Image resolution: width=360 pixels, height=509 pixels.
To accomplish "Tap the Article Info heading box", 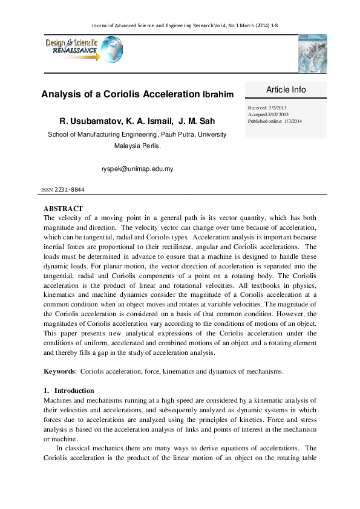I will click(x=286, y=89).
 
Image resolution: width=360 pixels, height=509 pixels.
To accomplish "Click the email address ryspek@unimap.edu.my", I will click(x=137, y=169).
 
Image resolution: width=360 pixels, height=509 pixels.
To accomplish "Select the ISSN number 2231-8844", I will click(x=70, y=190).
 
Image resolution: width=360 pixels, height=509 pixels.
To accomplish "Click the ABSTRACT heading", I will click(x=64, y=209).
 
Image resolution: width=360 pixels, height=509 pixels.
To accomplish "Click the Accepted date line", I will click(x=269, y=114).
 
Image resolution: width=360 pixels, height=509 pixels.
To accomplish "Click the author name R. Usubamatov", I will click(x=90, y=121).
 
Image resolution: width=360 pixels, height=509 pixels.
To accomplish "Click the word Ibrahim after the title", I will click(x=217, y=95).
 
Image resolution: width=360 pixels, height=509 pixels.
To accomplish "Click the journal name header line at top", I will click(x=179, y=26).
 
